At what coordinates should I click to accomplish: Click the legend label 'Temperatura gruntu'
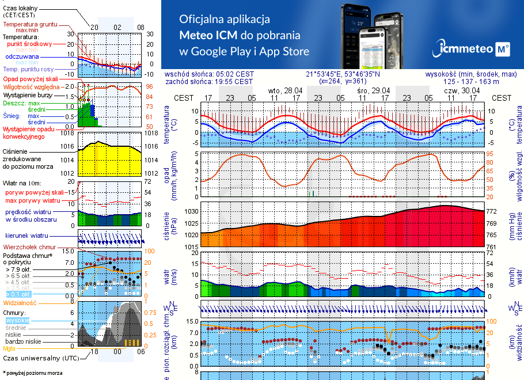29,25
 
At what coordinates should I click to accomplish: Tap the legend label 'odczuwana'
22,56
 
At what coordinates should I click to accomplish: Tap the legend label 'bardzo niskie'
23,341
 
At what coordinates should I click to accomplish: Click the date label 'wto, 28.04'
285,90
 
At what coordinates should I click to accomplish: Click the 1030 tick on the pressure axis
191,212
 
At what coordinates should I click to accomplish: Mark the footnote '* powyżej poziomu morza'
32,373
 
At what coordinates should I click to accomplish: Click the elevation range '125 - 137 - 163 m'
472,82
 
